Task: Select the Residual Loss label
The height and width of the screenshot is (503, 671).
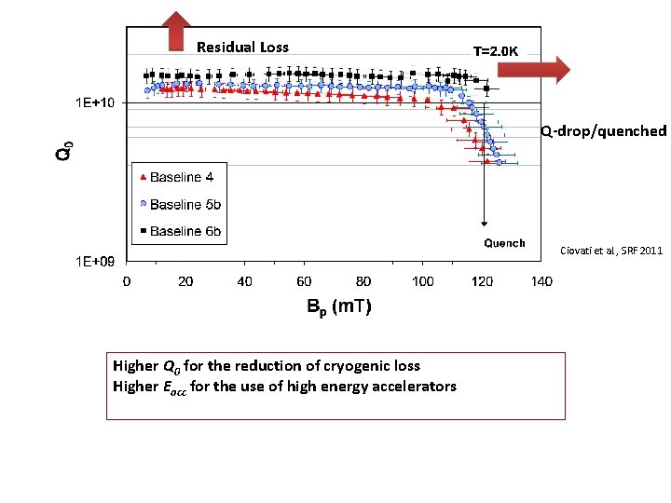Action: coord(242,48)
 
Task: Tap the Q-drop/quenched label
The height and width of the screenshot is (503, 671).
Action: coord(604,130)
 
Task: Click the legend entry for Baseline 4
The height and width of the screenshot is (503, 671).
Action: coord(181,177)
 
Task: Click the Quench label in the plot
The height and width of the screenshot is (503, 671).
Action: coord(503,243)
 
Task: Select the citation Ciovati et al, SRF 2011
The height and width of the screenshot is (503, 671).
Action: coord(611,251)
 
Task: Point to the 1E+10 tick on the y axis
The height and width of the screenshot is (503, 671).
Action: coord(95,102)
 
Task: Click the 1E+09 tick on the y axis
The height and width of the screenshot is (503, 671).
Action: coord(95,262)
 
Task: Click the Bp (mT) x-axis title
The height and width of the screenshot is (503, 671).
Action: coord(339,306)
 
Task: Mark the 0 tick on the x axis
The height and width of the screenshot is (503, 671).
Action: coord(127,281)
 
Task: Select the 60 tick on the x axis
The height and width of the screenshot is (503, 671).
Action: coord(304,281)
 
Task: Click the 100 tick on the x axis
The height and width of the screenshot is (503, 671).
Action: coord(422,281)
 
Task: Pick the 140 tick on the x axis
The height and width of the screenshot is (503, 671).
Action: coord(541,281)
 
